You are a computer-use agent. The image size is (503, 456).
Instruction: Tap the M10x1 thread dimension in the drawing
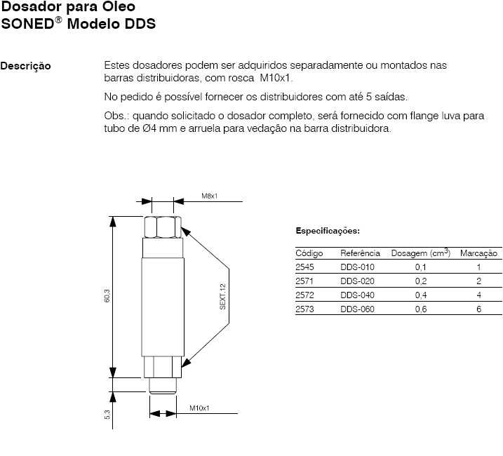coord(200,408)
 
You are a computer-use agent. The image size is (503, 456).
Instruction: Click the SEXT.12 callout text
coord(223,297)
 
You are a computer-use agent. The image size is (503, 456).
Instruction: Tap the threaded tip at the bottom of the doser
coord(166,385)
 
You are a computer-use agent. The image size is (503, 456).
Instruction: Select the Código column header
coord(309,253)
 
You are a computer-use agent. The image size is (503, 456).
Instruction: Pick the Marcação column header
coord(478,253)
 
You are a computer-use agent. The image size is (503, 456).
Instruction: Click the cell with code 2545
coord(305,267)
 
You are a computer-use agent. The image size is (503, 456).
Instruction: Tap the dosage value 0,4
coord(421,295)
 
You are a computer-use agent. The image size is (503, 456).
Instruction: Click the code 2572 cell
coord(305,295)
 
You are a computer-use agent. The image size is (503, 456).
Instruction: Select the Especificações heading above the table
coord(328,230)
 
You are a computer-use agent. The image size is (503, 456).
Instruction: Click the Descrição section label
coord(26,67)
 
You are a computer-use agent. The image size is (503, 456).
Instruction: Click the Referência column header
coord(361,253)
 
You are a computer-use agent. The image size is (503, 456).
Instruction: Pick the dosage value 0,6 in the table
coord(421,309)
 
